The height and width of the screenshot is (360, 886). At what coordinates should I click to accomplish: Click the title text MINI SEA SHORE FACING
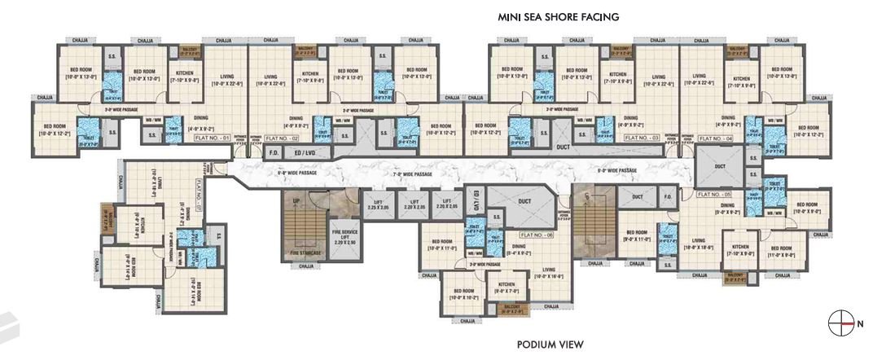559,16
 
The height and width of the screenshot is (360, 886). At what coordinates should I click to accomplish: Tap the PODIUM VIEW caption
550,344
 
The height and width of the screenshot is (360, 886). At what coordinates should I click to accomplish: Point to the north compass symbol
839,323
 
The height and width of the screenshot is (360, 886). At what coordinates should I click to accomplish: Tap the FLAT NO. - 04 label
715,139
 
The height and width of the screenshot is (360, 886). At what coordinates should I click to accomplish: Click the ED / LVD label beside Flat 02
304,152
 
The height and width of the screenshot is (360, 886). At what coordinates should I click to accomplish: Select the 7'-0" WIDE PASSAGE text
414,174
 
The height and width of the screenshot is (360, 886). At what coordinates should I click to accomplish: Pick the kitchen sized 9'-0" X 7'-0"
507,288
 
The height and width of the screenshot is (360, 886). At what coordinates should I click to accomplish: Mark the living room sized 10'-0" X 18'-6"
698,243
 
